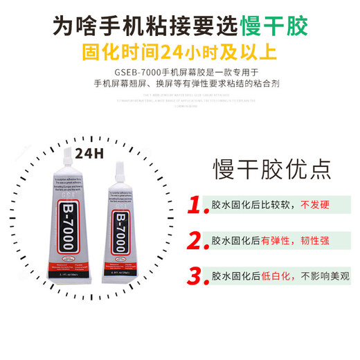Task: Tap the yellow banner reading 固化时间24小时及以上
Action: point(180,52)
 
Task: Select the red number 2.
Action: point(199,242)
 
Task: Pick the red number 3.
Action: point(199,276)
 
